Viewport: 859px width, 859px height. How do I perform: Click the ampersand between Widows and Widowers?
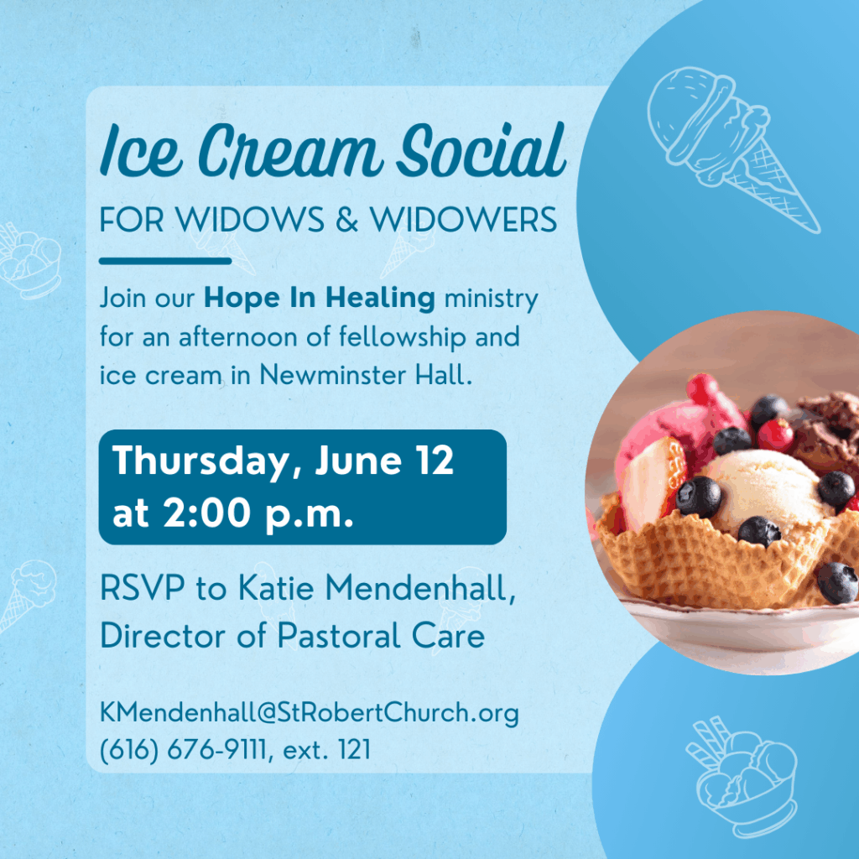pos(346,220)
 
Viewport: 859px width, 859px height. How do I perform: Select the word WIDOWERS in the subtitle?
pos(463,220)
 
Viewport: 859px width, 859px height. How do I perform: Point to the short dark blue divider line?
pos(165,261)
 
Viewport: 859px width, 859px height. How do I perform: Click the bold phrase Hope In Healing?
pos(320,298)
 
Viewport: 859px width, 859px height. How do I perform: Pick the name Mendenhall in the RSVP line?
pos(420,589)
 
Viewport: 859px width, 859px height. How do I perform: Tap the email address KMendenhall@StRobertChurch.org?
pos(309,713)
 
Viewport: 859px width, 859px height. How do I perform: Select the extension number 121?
pos(355,749)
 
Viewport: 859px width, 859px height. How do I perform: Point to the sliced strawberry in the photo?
pos(652,482)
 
